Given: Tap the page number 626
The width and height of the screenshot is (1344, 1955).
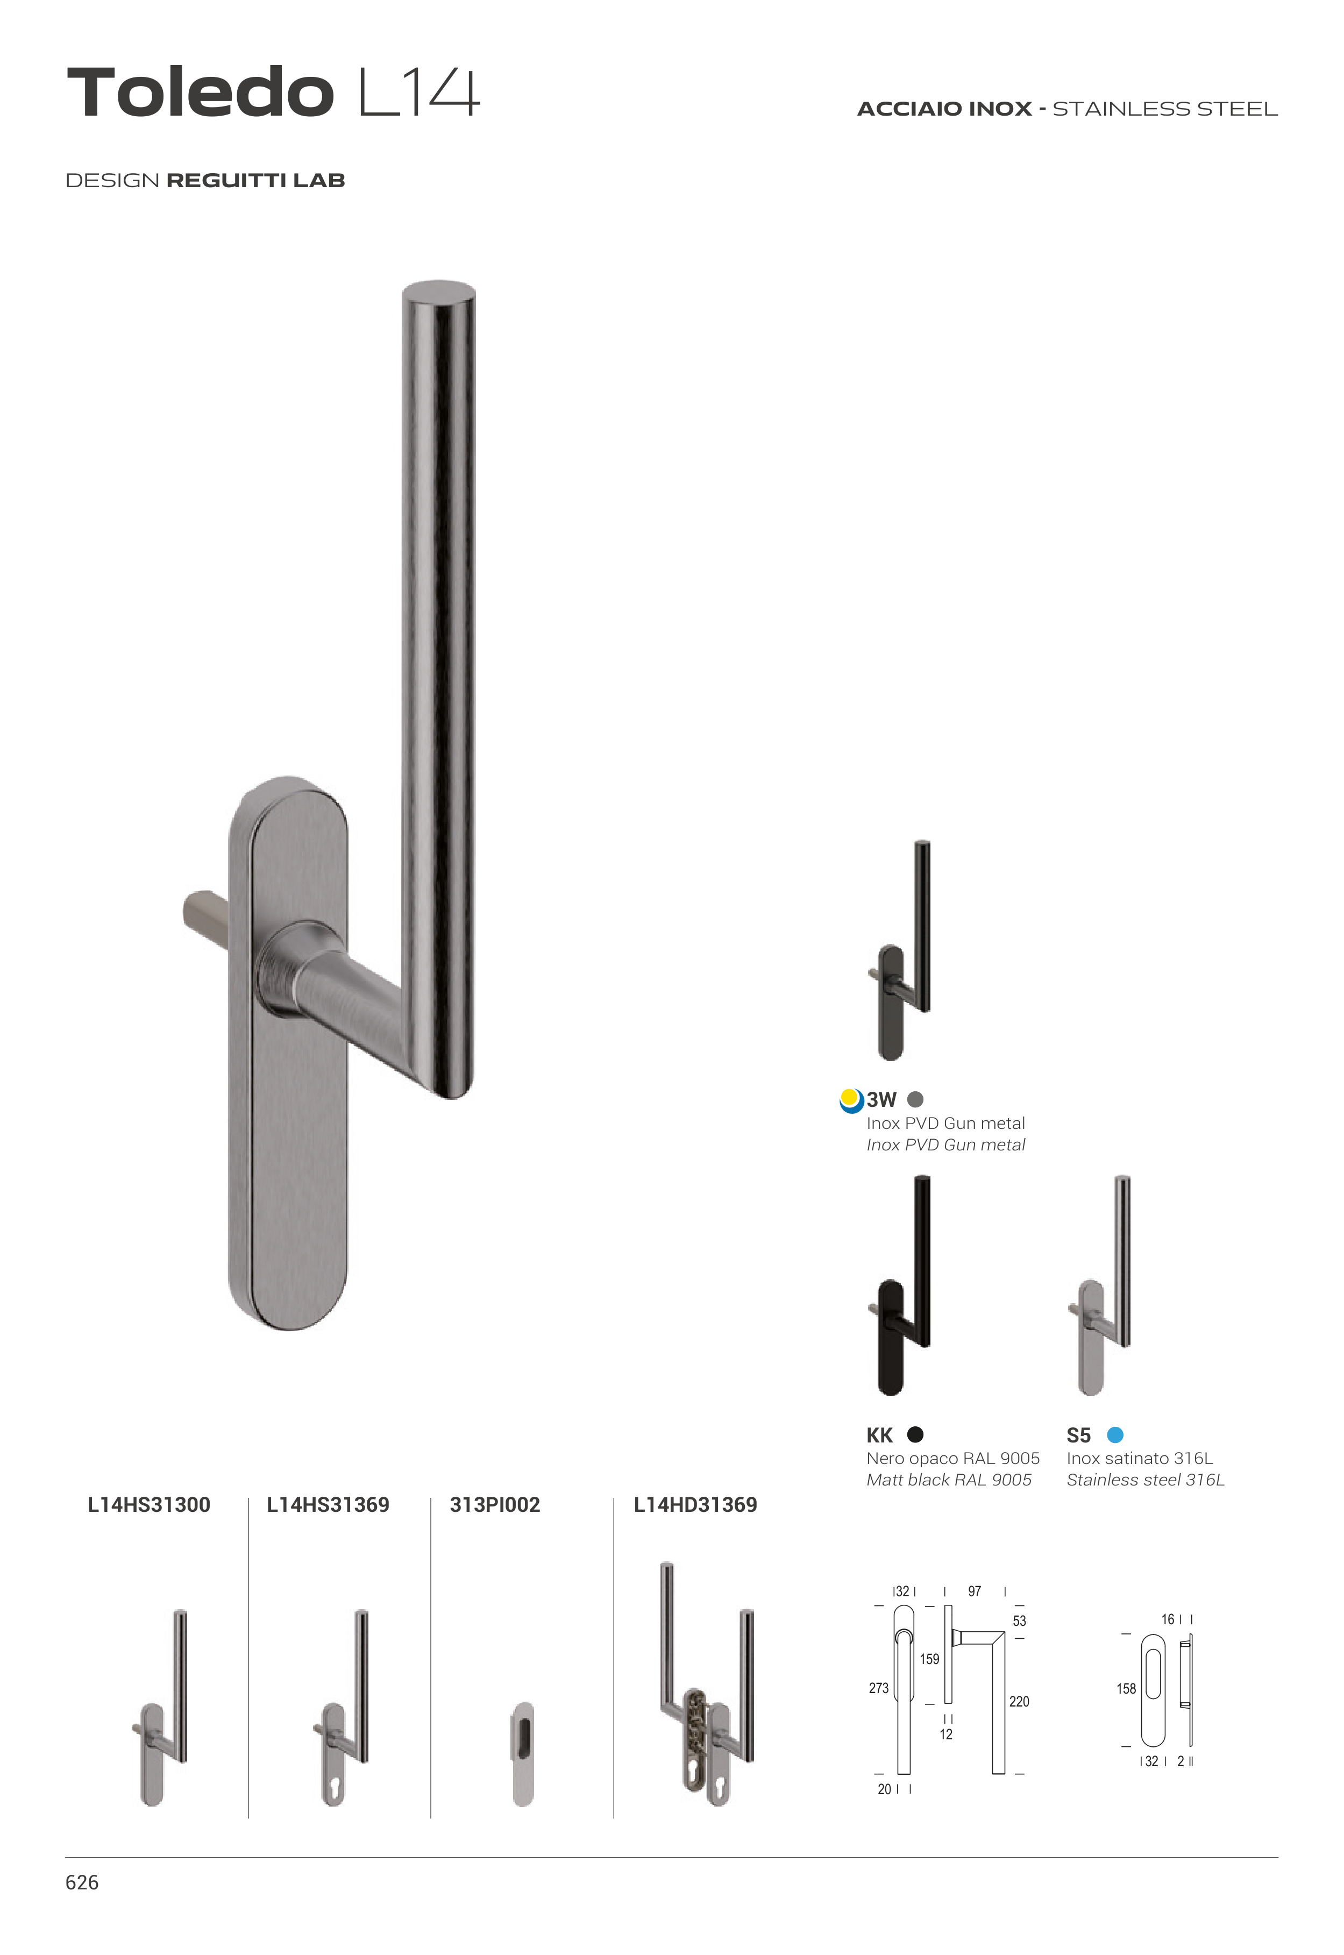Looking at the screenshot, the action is (x=82, y=1882).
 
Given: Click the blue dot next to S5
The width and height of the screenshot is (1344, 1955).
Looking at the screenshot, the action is (x=1115, y=1435).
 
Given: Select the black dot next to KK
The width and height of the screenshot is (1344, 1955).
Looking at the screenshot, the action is (x=915, y=1435).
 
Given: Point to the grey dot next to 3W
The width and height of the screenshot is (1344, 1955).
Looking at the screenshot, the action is (x=915, y=1099).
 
